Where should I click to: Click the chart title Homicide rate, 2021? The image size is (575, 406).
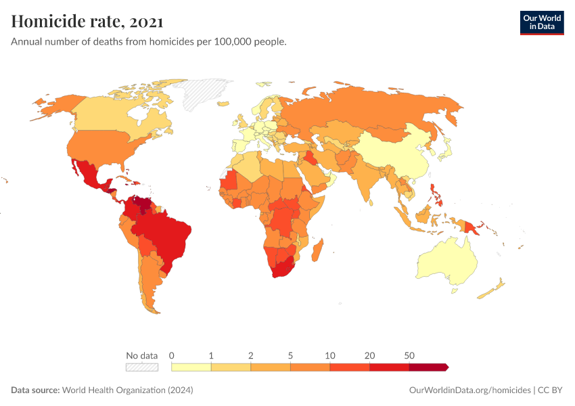[x=87, y=22]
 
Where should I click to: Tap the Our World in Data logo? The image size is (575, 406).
[x=541, y=22]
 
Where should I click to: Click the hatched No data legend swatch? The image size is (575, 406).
[x=142, y=367]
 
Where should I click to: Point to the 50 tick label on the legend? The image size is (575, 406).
[x=409, y=355]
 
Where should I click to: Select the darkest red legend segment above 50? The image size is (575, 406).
[x=428, y=367]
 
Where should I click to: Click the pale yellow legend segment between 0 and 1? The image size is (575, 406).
[x=191, y=367]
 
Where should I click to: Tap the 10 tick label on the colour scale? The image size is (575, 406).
[x=330, y=355]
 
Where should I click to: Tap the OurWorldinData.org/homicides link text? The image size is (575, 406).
[x=470, y=390]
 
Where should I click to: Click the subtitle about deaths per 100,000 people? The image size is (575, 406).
[x=149, y=42]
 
